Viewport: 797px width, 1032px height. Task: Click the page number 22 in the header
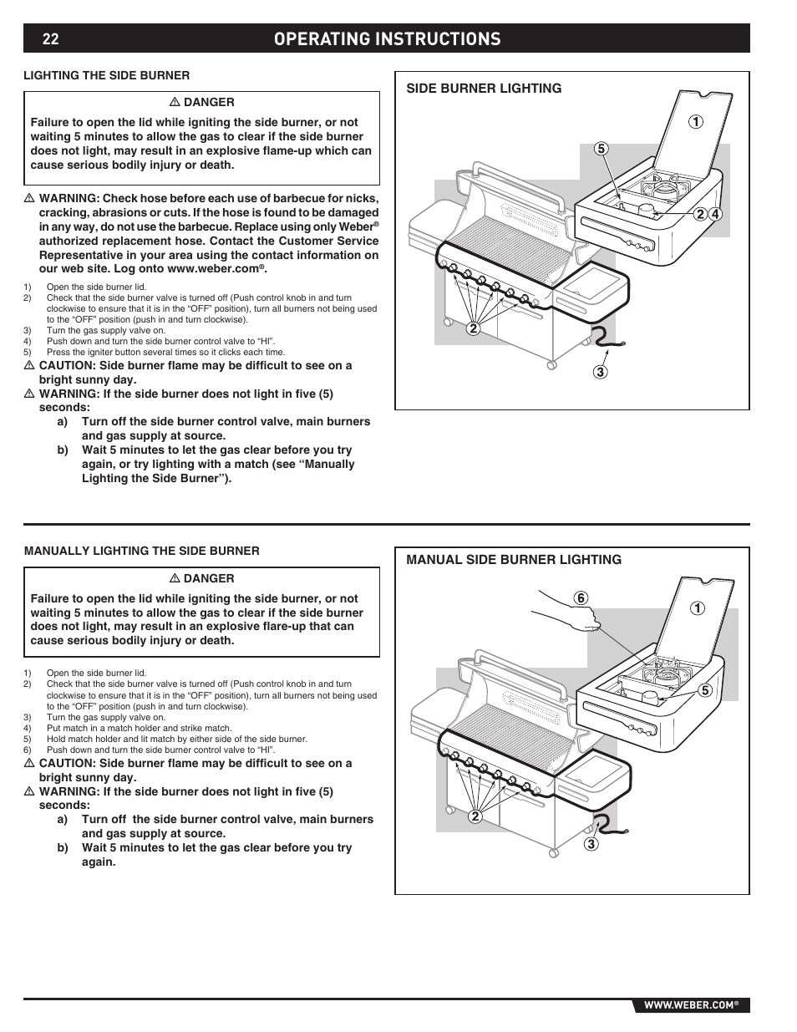click(50, 39)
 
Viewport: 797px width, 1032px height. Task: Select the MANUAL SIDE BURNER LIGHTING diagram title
click(514, 560)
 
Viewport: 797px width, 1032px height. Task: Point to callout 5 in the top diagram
click(599, 149)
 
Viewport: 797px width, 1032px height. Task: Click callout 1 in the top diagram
click(696, 122)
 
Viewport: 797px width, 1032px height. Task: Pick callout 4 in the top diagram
click(715, 214)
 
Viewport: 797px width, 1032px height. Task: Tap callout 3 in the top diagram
click(601, 372)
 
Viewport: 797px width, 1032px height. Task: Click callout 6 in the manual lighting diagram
click(581, 598)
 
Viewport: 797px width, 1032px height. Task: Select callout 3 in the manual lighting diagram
click(591, 844)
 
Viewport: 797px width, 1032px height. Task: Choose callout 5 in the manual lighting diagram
click(704, 690)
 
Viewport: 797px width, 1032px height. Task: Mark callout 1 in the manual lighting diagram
click(696, 609)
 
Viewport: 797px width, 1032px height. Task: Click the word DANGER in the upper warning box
click(209, 102)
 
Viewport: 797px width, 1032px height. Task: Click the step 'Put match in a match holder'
click(139, 728)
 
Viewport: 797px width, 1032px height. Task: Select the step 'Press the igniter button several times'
click(165, 352)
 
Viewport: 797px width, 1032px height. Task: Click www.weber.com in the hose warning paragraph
click(212, 270)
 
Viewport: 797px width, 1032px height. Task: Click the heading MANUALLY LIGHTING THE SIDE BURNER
click(142, 551)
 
